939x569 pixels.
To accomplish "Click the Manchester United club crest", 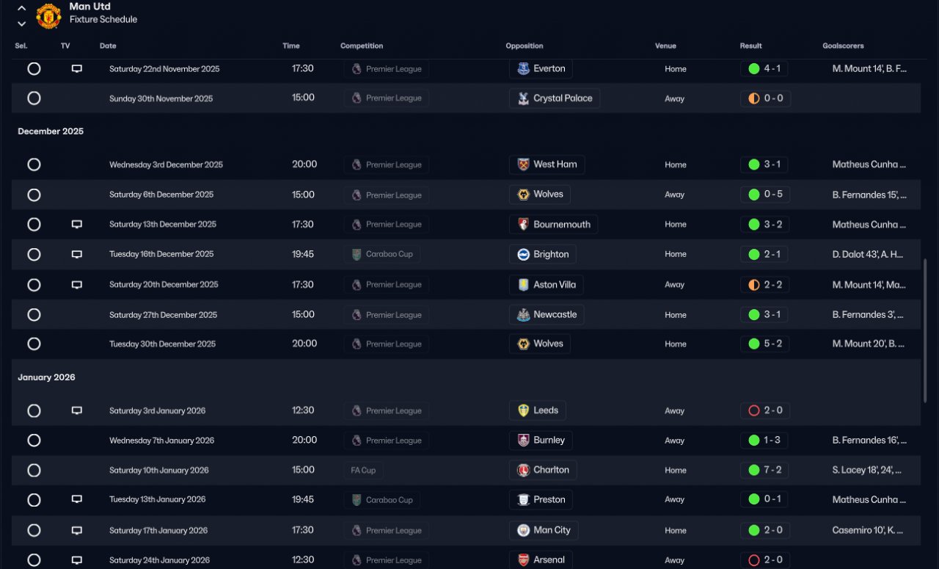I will pos(48,15).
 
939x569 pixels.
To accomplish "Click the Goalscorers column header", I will pos(843,46).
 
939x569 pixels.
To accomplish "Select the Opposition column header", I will pos(524,46).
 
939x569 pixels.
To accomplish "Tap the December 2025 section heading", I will pos(51,131).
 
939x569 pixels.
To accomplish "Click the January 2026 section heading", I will pos(46,377).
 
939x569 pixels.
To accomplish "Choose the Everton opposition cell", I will pos(541,69).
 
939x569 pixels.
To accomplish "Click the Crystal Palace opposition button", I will pos(555,98).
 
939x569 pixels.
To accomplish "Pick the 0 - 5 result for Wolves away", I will pos(764,195).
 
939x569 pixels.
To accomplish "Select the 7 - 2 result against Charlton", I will pos(764,470).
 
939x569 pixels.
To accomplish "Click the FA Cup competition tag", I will pos(363,471).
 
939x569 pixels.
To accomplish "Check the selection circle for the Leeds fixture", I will pos(34,411).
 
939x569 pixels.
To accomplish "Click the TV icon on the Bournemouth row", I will pos(76,225).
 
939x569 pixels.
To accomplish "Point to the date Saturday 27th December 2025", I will pos(163,315).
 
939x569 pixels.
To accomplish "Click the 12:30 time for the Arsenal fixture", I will pos(303,560).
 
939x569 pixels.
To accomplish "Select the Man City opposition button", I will pos(544,530).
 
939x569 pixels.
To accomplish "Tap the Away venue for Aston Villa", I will pos(675,285).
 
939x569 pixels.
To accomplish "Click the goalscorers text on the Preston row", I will pos(869,500).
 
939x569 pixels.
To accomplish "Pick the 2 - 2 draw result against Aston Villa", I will pos(764,285).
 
